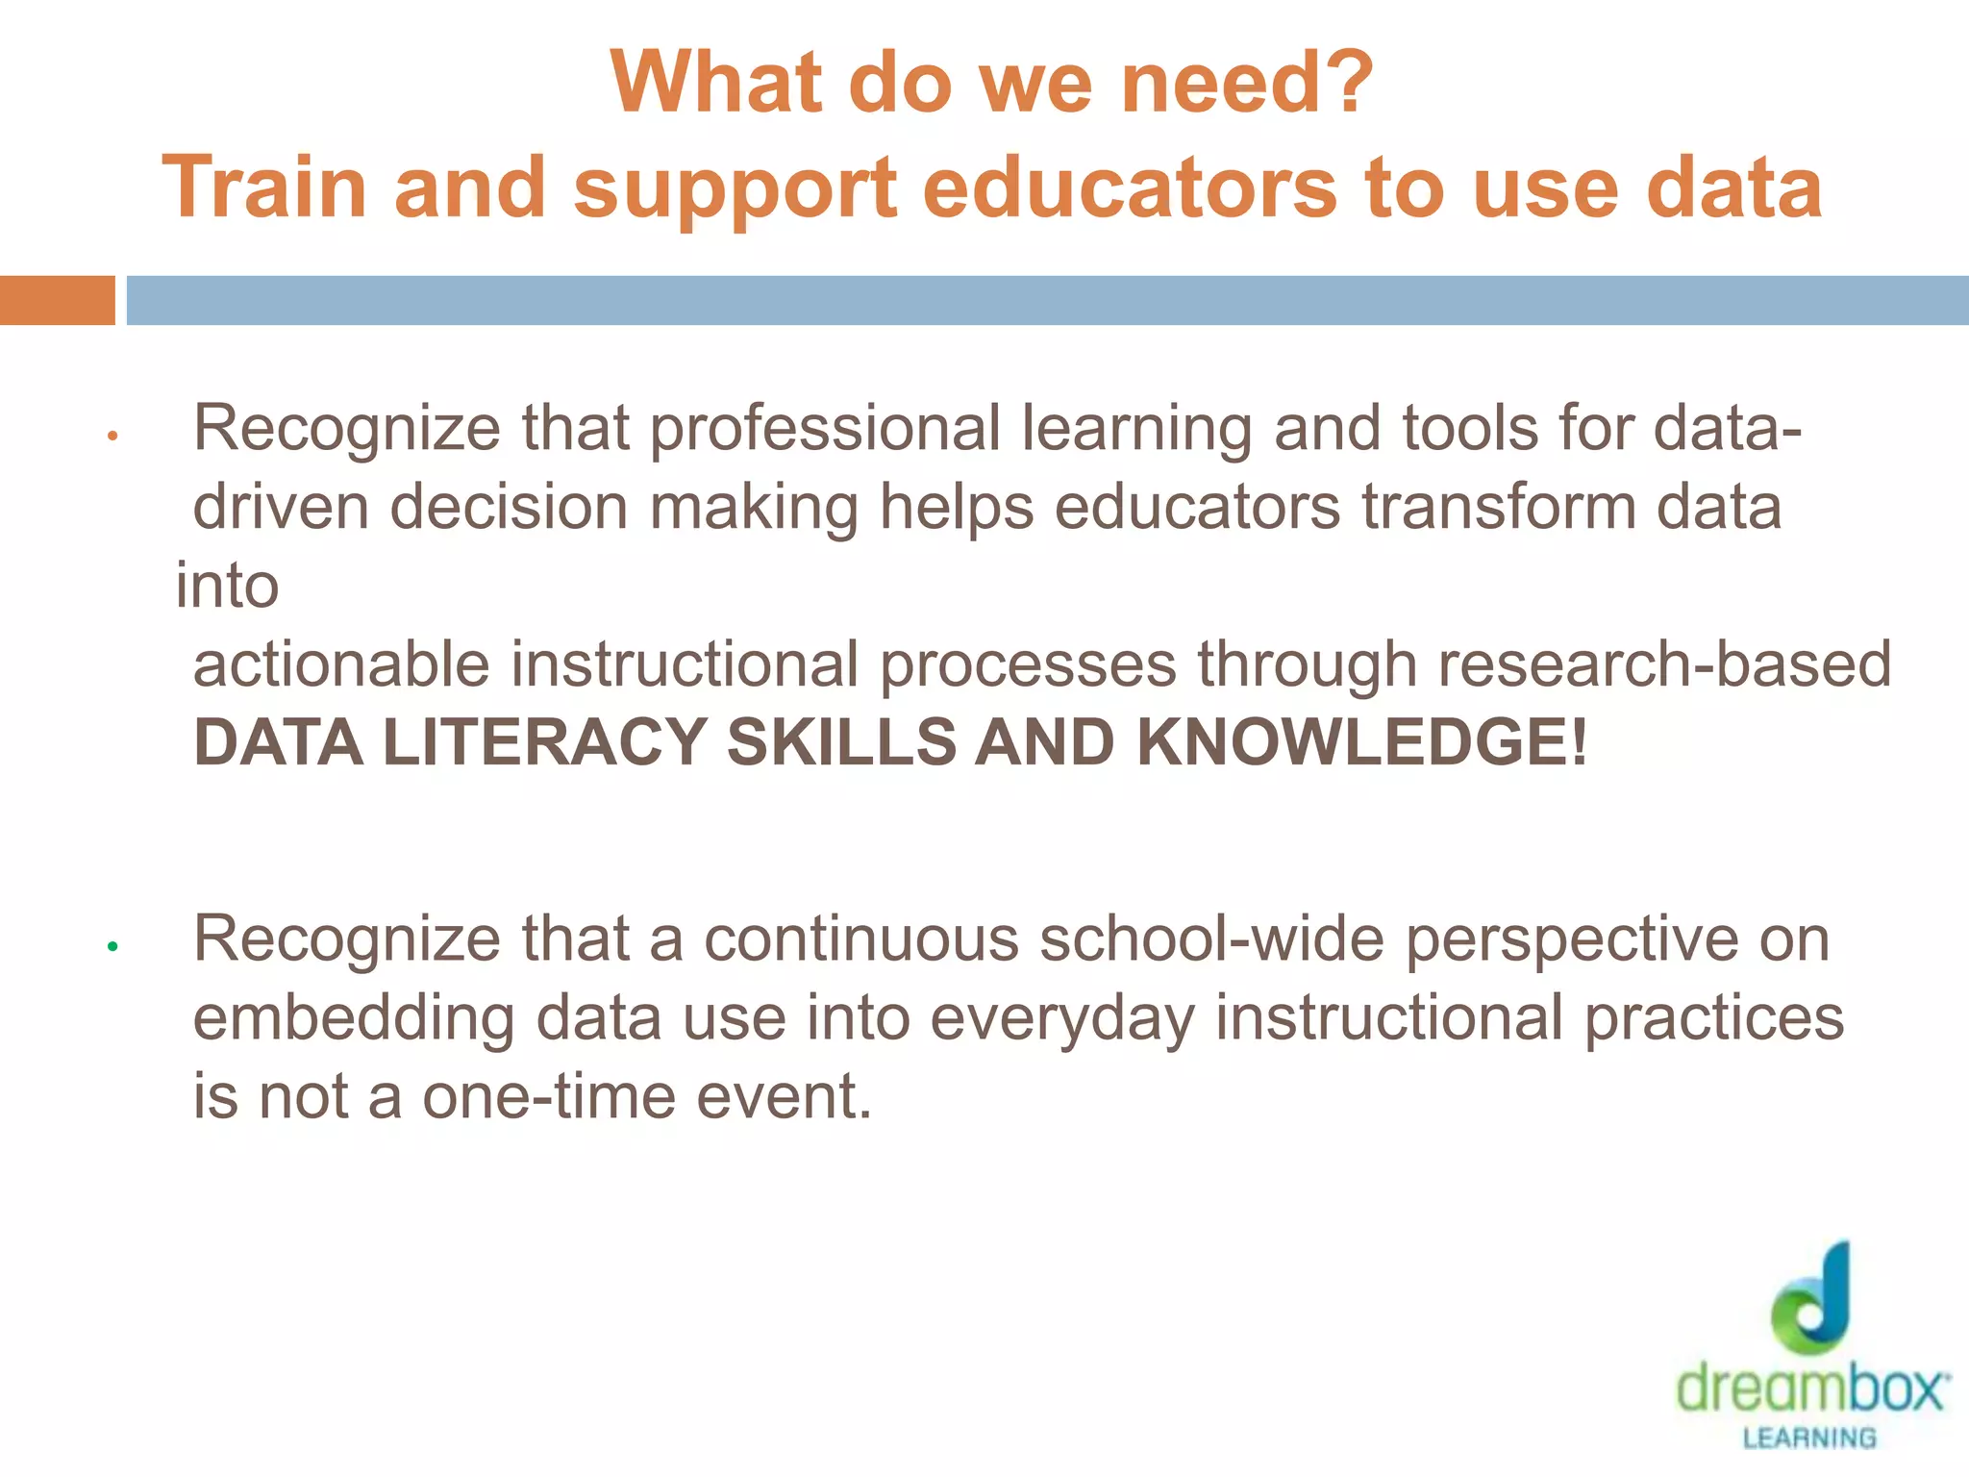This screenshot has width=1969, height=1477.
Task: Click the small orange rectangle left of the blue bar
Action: tap(57, 300)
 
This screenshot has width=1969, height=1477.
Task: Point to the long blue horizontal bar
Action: tap(1047, 300)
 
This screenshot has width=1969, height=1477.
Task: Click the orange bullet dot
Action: tap(112, 437)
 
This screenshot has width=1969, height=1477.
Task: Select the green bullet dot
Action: tap(112, 946)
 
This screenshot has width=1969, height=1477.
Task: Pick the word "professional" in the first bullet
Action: tap(825, 429)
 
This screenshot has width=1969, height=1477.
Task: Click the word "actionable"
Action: tap(340, 664)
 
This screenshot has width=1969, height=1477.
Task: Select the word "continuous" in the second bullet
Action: tap(861, 939)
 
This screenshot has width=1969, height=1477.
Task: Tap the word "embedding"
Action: tap(354, 1018)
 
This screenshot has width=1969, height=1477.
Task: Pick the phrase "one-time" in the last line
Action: tap(549, 1096)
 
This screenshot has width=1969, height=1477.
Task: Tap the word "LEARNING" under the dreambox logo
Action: tap(1809, 1438)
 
